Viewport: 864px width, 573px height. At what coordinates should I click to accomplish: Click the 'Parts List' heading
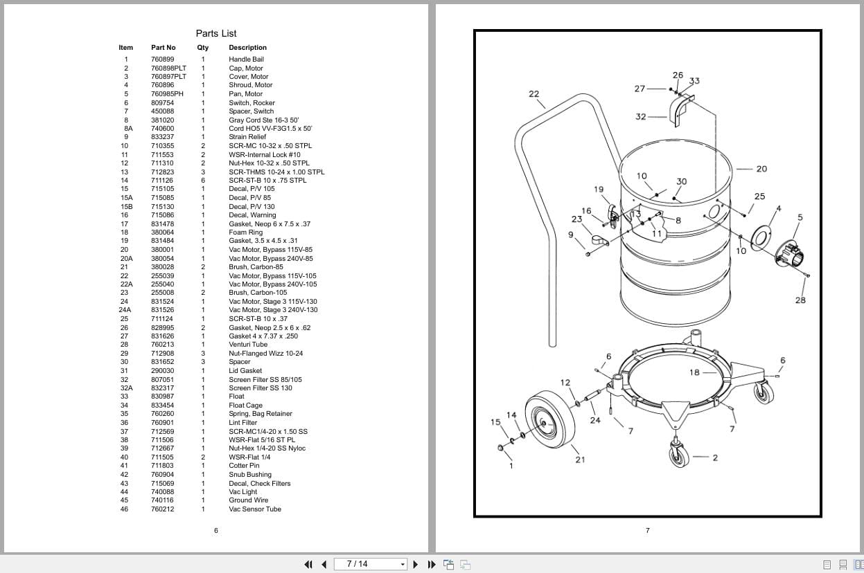coord(215,33)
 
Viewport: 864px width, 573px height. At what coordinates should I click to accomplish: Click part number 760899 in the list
coord(162,60)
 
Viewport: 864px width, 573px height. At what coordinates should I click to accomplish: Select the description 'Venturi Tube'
coord(247,345)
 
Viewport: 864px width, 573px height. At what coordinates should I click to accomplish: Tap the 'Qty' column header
coord(202,48)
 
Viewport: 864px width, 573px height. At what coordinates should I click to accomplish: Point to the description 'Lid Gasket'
coord(245,371)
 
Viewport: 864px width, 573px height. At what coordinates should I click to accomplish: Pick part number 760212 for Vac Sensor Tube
coord(162,509)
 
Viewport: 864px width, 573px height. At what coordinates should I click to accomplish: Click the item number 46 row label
coord(124,509)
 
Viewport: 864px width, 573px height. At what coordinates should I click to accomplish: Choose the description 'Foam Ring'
coord(245,233)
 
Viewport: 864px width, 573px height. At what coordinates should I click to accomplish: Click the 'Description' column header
coord(247,48)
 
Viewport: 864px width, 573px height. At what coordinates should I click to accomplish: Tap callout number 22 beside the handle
coord(534,94)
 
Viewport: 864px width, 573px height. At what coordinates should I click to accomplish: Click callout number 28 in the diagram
coord(800,300)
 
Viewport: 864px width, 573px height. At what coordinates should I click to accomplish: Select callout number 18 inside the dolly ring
coord(694,372)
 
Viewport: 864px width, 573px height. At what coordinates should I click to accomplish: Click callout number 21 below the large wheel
coord(580,460)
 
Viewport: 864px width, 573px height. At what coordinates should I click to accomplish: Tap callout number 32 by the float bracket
coord(641,117)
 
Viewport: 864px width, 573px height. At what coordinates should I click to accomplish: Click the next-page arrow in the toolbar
coord(415,564)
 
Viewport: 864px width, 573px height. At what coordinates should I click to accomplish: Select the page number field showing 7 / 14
coord(371,564)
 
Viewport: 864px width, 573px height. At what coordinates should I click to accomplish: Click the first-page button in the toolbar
coord(309,564)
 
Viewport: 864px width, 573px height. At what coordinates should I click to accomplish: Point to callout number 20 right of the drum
coord(761,169)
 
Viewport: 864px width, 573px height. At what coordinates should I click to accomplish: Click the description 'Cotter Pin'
coord(244,466)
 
